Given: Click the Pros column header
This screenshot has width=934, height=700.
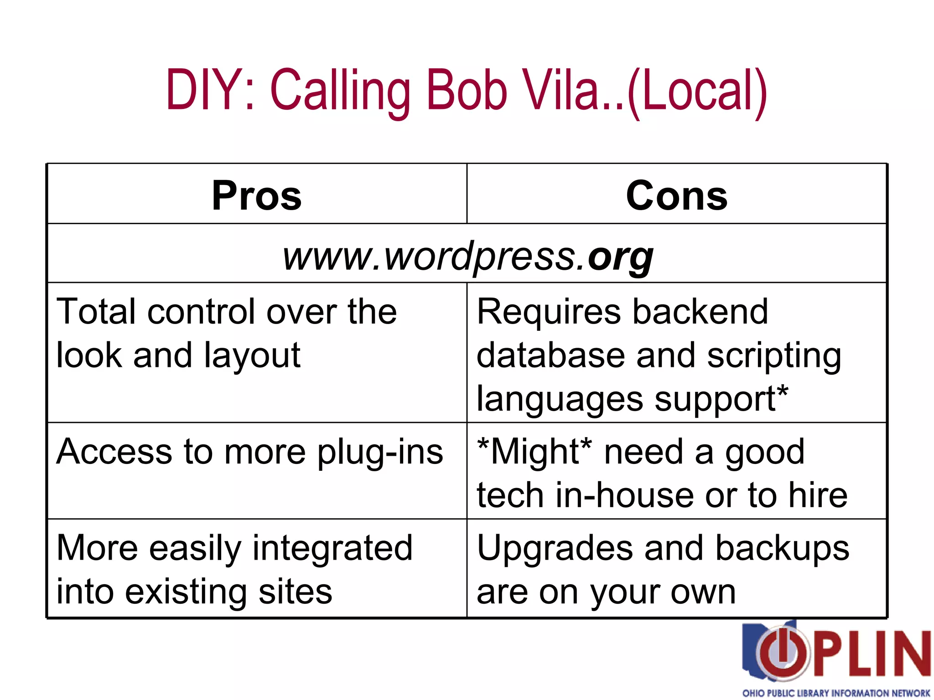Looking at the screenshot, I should click(257, 196).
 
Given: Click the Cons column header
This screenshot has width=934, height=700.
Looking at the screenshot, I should click(677, 196).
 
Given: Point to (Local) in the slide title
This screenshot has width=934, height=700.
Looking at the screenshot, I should click(697, 91).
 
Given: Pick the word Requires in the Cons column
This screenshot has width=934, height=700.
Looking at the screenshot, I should click(547, 312).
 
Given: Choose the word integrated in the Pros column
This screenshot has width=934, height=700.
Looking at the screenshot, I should click(332, 549).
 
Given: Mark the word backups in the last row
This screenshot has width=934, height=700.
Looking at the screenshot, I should click(782, 548).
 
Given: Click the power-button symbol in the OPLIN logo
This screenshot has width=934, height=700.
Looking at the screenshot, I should click(781, 653).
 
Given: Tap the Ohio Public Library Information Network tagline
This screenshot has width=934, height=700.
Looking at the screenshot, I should click(836, 693).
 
